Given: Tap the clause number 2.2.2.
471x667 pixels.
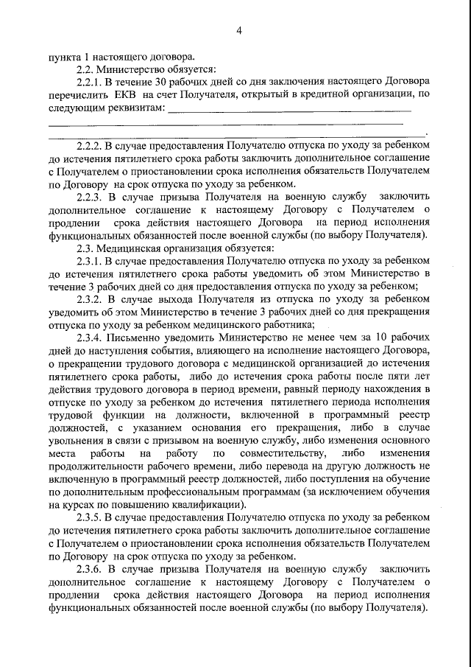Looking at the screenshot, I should point(92,146).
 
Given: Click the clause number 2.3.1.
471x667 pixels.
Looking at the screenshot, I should point(92,260).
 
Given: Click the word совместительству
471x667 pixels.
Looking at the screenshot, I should point(275,453).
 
